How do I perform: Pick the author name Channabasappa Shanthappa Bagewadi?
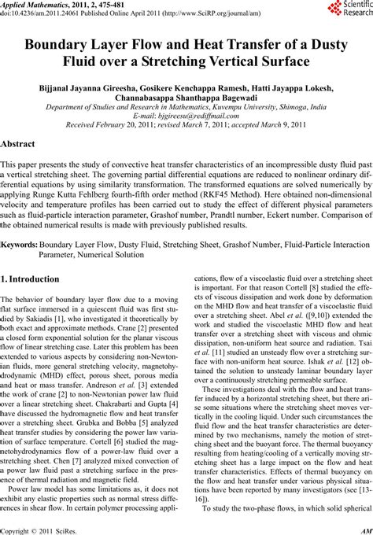[186, 103]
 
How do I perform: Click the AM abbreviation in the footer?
[364, 529]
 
